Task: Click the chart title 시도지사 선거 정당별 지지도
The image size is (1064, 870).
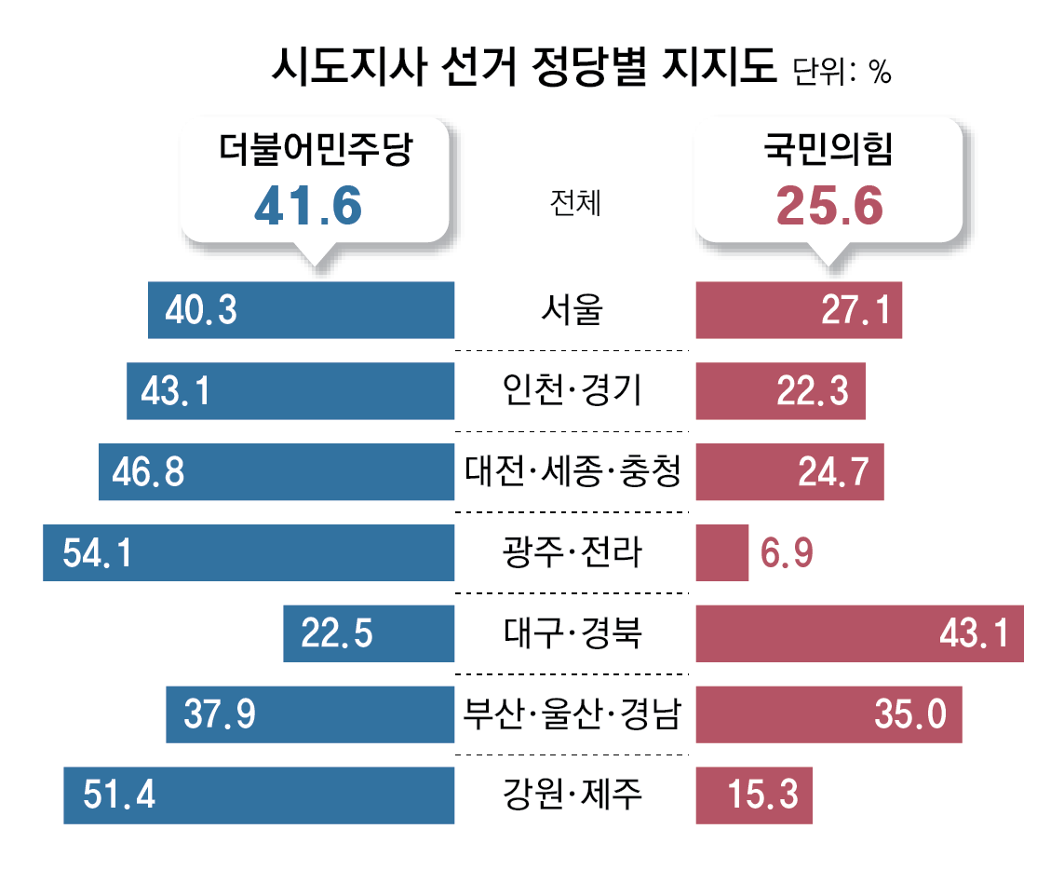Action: tap(524, 68)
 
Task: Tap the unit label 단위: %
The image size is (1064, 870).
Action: tap(842, 72)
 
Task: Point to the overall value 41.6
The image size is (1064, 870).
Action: tap(307, 207)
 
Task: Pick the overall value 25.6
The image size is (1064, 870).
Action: tap(828, 207)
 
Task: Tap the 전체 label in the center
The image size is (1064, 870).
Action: tap(575, 202)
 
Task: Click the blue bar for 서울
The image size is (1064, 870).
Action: tap(301, 310)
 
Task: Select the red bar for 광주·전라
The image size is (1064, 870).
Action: tap(722, 553)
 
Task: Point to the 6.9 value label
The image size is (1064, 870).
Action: tap(788, 553)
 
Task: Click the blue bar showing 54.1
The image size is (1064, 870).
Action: tap(249, 553)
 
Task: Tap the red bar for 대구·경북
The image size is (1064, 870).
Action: tap(859, 634)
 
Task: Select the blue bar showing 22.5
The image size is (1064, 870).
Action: tap(369, 634)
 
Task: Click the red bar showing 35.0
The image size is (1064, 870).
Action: tap(828, 715)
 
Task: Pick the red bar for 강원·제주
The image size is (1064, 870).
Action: tap(754, 795)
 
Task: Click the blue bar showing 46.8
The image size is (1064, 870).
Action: tap(276, 472)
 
